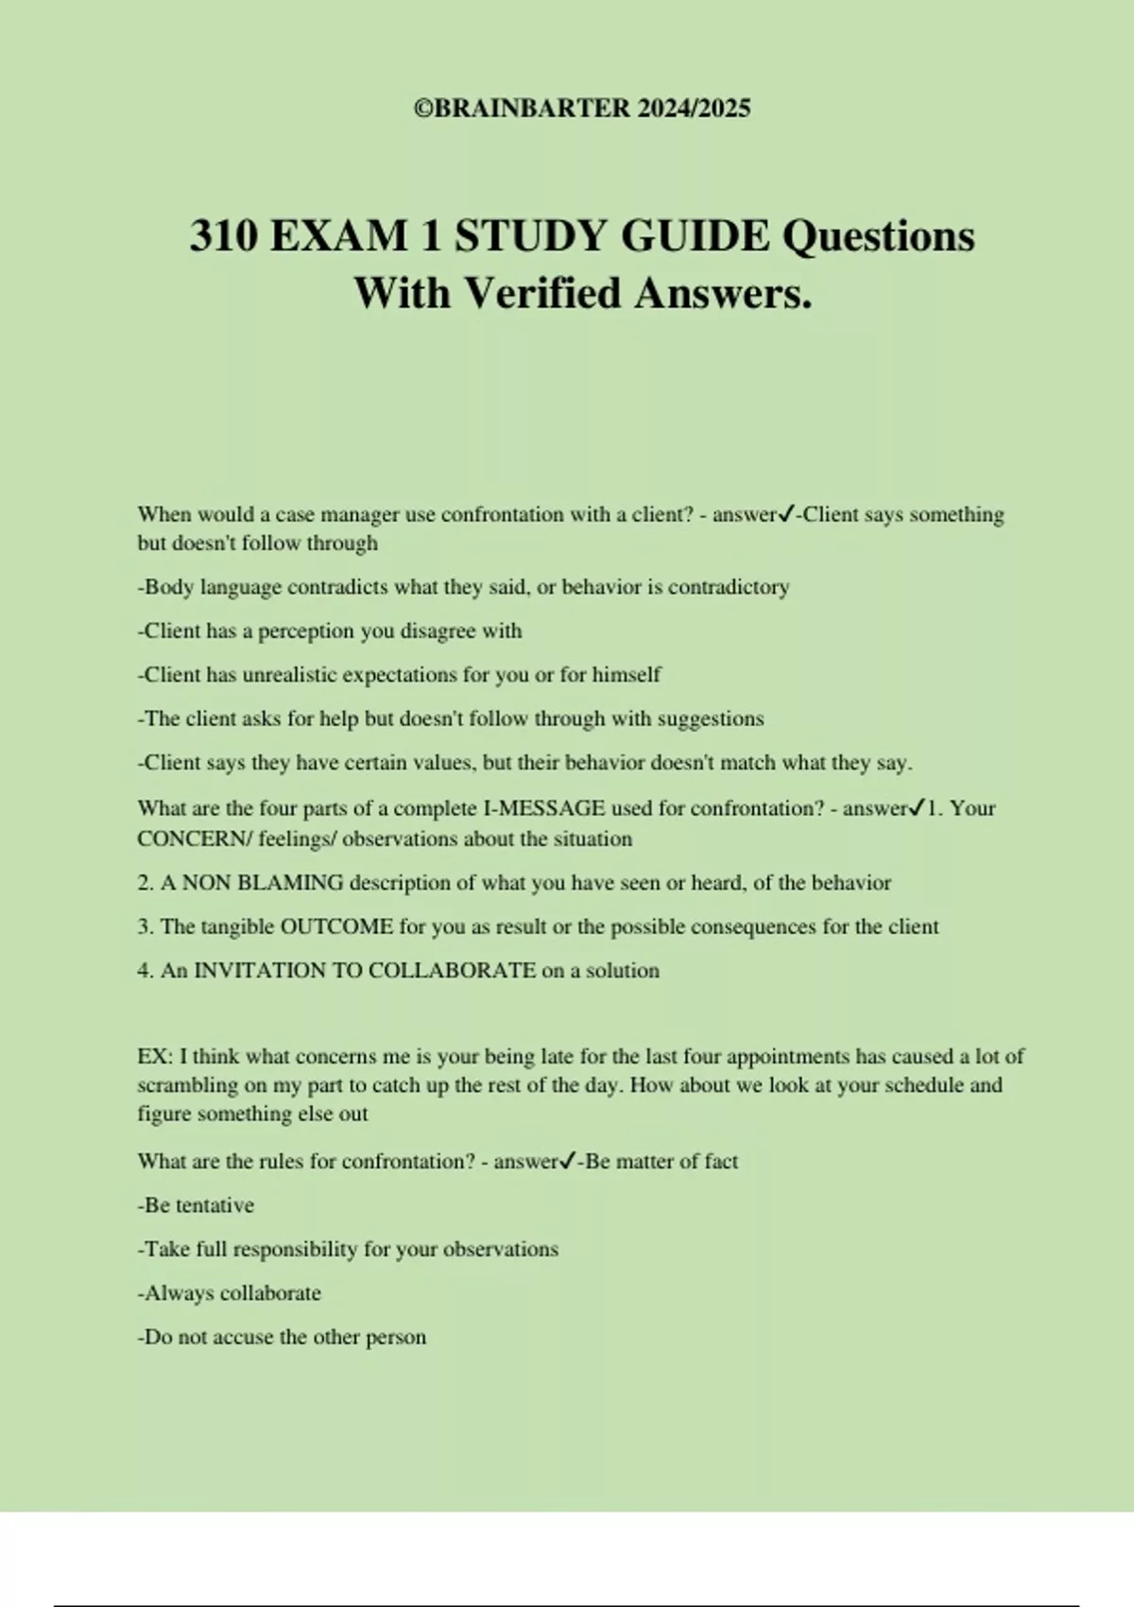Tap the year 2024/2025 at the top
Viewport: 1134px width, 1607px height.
(694, 109)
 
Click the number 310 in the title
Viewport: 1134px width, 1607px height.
(223, 235)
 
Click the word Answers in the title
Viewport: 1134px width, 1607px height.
(723, 292)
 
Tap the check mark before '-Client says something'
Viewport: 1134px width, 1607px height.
(785, 514)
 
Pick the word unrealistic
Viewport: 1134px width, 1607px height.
(288, 675)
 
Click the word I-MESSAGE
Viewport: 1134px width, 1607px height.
(544, 808)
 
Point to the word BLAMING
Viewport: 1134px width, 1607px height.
(290, 883)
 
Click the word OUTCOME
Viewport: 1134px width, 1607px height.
(336, 926)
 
